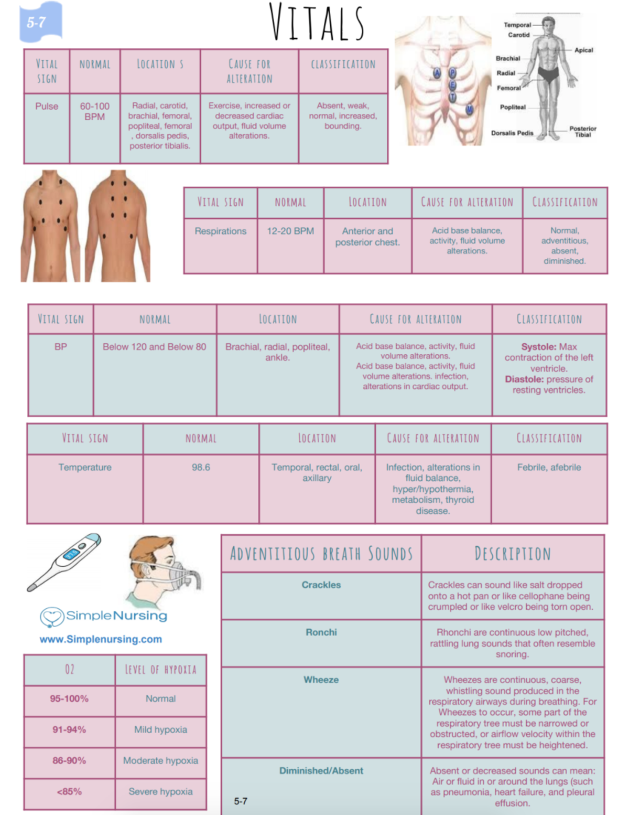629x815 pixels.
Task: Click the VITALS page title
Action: [x=317, y=22]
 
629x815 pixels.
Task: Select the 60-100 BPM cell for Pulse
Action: [x=94, y=111]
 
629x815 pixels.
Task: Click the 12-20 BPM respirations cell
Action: [x=290, y=231]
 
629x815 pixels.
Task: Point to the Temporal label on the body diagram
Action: [x=517, y=25]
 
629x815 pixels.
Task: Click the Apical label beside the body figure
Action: [x=583, y=50]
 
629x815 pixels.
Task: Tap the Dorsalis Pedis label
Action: [x=512, y=133]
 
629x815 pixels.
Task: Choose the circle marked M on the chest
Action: [x=469, y=109]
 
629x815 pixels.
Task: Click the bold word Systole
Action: [x=538, y=347]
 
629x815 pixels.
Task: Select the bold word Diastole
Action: [x=524, y=379]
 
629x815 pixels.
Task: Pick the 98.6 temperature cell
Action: [x=201, y=467]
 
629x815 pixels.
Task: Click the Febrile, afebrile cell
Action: [x=549, y=467]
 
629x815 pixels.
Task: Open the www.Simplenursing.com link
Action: [x=101, y=639]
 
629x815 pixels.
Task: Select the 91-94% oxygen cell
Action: [x=69, y=729]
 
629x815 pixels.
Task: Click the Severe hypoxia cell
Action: [x=160, y=791]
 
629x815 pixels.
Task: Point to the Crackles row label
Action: [x=321, y=585]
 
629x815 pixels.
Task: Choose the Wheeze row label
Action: [x=321, y=680]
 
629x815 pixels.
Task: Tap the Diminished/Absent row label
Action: [x=321, y=770]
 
